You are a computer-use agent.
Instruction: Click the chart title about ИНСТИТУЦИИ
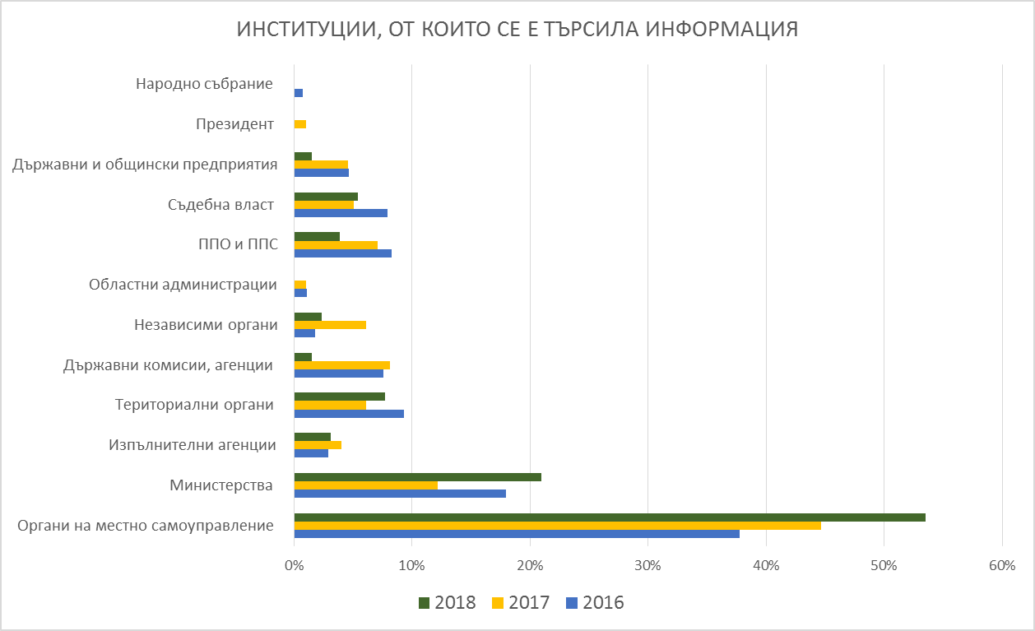(x=517, y=30)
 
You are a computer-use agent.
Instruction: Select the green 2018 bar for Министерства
(x=417, y=477)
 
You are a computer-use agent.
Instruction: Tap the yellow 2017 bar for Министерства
(x=365, y=485)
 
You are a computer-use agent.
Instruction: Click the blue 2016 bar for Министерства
(x=400, y=494)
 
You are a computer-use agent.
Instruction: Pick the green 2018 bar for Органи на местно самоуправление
(x=609, y=517)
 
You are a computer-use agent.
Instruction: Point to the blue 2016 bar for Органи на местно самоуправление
(x=516, y=534)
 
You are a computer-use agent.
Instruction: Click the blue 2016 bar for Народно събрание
(x=299, y=92)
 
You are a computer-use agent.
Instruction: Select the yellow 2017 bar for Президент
(x=300, y=124)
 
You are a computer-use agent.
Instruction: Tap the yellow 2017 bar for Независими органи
(x=330, y=325)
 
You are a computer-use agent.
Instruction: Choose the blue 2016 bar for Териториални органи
(x=349, y=413)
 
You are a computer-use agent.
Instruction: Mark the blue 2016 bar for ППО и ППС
(x=342, y=253)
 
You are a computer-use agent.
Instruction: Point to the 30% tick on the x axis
(x=647, y=566)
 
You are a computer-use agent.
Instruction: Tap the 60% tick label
(x=1002, y=566)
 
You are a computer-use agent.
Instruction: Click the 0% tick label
(x=294, y=566)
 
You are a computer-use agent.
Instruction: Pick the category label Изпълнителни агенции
(x=192, y=445)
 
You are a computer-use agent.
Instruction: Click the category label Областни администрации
(x=183, y=285)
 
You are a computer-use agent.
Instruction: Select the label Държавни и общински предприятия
(x=145, y=164)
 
